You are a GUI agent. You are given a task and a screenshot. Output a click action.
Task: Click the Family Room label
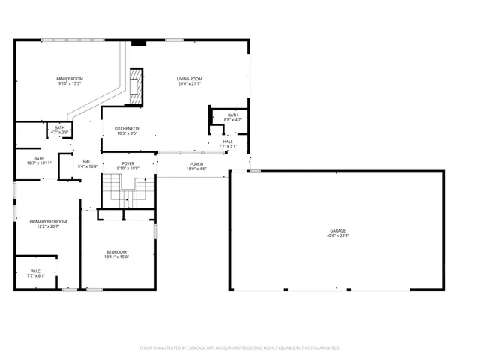pos(70,79)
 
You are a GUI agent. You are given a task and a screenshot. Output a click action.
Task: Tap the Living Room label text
pos(190,79)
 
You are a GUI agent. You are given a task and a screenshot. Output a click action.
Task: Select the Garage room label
pos(337,231)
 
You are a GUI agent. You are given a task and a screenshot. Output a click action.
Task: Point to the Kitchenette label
pos(127,129)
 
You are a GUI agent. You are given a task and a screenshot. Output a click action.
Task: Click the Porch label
pos(196,163)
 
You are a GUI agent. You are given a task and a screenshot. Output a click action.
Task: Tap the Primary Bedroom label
pos(48,222)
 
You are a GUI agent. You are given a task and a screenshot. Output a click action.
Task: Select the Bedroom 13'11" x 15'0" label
pos(116,252)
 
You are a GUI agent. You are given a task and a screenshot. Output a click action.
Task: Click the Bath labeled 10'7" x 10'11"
pos(39,158)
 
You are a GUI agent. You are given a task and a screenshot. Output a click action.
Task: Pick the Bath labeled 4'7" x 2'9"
pos(59,128)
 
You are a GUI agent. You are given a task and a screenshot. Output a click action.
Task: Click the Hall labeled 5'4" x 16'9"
pos(88,162)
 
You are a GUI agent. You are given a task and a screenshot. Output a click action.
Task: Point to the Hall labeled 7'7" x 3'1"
pos(228,141)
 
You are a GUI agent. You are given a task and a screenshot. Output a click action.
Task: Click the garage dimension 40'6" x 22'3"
pos(337,236)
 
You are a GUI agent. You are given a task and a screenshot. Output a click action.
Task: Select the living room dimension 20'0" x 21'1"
pos(190,84)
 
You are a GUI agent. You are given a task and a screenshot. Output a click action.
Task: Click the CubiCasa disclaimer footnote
pos(240,347)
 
